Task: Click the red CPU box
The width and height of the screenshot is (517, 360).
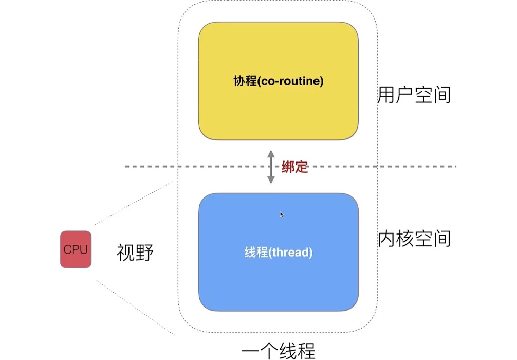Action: tap(76, 249)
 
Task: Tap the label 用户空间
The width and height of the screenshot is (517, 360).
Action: tap(414, 95)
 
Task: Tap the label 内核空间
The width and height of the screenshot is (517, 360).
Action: tap(414, 239)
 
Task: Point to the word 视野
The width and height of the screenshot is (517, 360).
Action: tap(135, 253)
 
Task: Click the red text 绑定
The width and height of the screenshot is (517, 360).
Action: tap(295, 167)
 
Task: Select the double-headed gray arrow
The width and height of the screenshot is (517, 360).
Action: tap(271, 167)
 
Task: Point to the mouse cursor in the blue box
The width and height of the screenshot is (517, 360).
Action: tap(282, 214)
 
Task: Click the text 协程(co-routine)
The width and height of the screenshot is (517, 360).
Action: tap(278, 82)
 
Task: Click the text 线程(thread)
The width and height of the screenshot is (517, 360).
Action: tap(278, 253)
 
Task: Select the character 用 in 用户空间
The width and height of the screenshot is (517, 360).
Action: tap(386, 95)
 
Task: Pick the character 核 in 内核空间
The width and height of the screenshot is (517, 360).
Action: tap(405, 239)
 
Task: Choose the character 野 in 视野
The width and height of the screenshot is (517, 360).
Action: tap(144, 253)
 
